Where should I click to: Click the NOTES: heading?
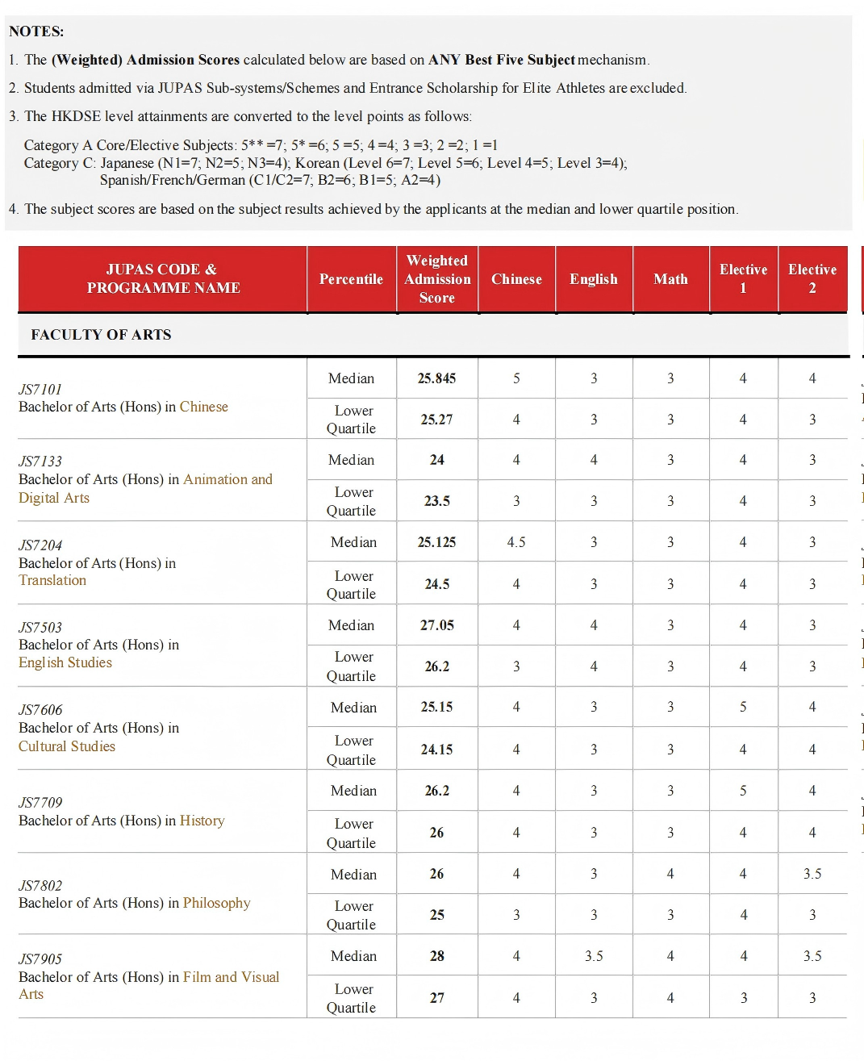[36, 31]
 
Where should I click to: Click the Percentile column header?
[351, 279]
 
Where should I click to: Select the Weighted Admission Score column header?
[437, 279]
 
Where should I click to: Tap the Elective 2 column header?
[812, 278]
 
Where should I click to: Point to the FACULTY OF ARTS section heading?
[101, 335]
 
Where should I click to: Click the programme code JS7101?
[40, 389]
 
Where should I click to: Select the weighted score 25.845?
[436, 378]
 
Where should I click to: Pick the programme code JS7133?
[40, 462]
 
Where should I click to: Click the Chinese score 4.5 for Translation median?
[516, 542]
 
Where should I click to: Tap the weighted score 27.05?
[436, 625]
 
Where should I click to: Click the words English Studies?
[65, 662]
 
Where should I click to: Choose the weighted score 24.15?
[436, 750]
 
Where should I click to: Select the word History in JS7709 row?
[202, 821]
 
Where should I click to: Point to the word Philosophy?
[216, 903]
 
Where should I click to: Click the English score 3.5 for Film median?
[594, 956]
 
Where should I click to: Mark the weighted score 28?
[436, 956]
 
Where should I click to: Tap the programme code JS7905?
[40, 959]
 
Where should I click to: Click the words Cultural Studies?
[67, 746]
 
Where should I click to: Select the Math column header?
[670, 279]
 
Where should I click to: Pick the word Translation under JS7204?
[52, 580]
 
